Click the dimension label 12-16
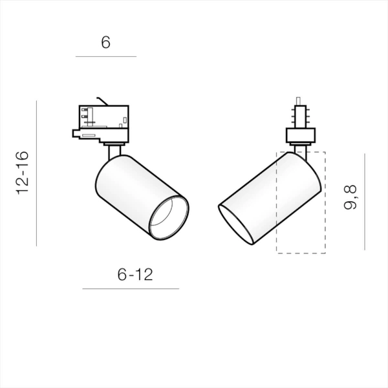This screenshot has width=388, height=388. pos(23,173)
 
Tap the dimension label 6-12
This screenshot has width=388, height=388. pos(135,274)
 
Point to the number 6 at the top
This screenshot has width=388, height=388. pos(105,43)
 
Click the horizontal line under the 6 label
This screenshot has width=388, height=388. pos(105,57)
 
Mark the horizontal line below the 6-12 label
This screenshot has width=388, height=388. pos(131,288)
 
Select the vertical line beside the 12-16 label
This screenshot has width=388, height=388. pos(37,173)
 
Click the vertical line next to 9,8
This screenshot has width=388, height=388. pos(365,201)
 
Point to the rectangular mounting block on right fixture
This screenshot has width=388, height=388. pos(300,136)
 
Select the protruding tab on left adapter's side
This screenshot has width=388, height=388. pos(84,135)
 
